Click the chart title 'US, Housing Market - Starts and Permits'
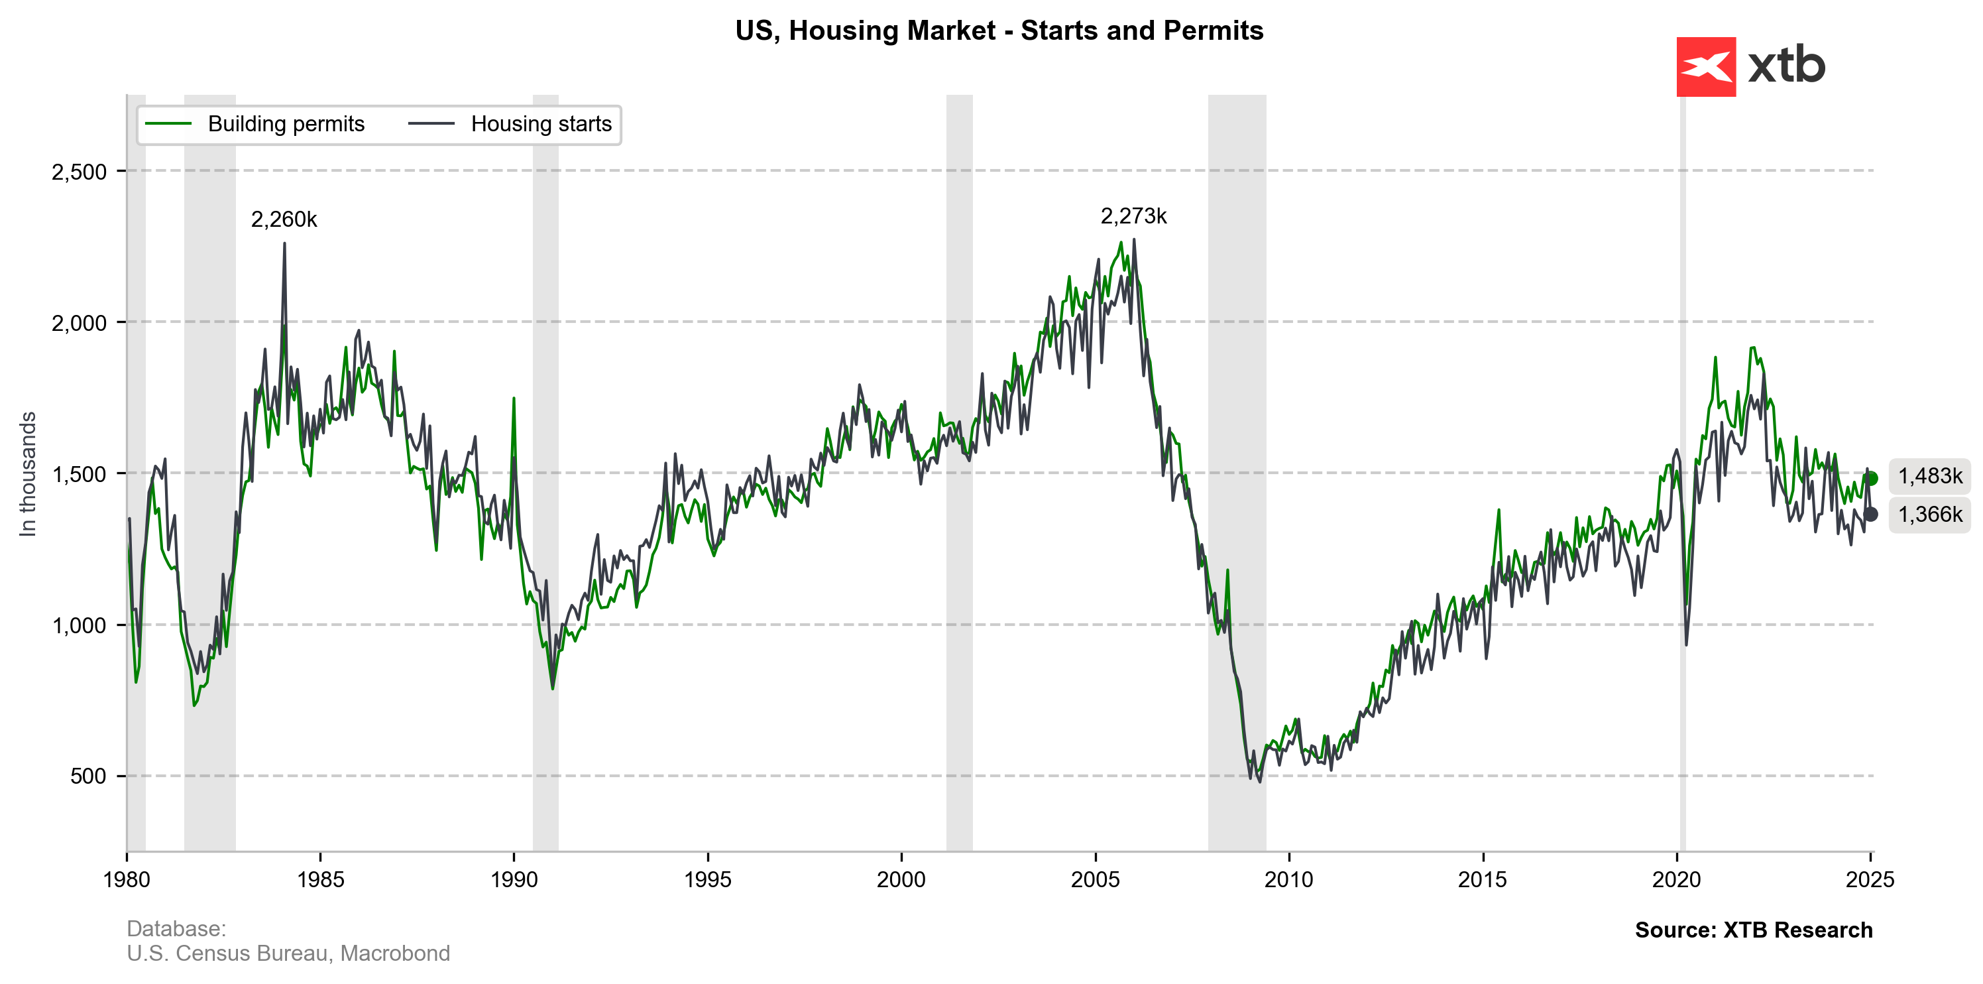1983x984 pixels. [998, 31]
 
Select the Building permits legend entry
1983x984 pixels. [285, 124]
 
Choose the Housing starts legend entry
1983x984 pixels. [540, 124]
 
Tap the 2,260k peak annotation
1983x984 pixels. [284, 219]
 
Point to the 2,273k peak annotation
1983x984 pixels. [1133, 216]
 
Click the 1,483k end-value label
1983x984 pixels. [1930, 476]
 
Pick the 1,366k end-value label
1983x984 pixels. [1930, 515]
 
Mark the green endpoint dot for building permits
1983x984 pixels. [1872, 478]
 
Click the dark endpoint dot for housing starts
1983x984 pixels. [1870, 514]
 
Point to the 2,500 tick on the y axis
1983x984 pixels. [80, 172]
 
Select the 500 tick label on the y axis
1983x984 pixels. [89, 776]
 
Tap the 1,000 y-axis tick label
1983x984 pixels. [80, 625]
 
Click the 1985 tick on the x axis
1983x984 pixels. [320, 879]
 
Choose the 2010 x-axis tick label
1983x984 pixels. [1288, 879]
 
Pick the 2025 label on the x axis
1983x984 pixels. [1870, 879]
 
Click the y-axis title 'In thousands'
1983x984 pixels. [28, 473]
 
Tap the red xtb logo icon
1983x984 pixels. [1706, 67]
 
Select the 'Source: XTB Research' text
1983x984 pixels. [1754, 930]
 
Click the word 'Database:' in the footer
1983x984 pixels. [176, 928]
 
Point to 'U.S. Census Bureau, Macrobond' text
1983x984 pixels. [288, 953]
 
